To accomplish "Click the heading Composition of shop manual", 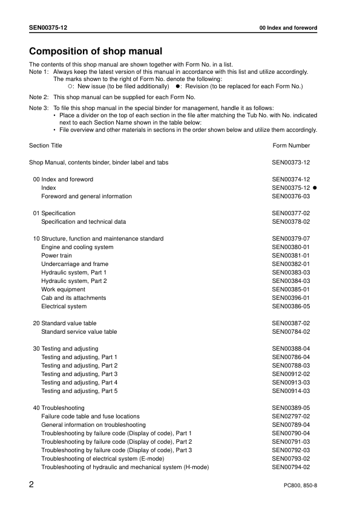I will pyautogui.click(x=96, y=51).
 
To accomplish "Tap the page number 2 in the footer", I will pyautogui.click(x=32, y=485).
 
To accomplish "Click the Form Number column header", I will pyautogui.click(x=291, y=146).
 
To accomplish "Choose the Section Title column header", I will pyautogui.click(x=45, y=146).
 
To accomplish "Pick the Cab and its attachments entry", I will pyautogui.click(x=73, y=298).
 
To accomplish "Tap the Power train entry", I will pyautogui.click(x=56, y=256).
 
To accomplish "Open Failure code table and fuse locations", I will pyautogui.click(x=90, y=417).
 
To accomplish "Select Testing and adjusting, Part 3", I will pyautogui.click(x=79, y=374).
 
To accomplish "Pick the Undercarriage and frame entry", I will pyautogui.click(x=74, y=264).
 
